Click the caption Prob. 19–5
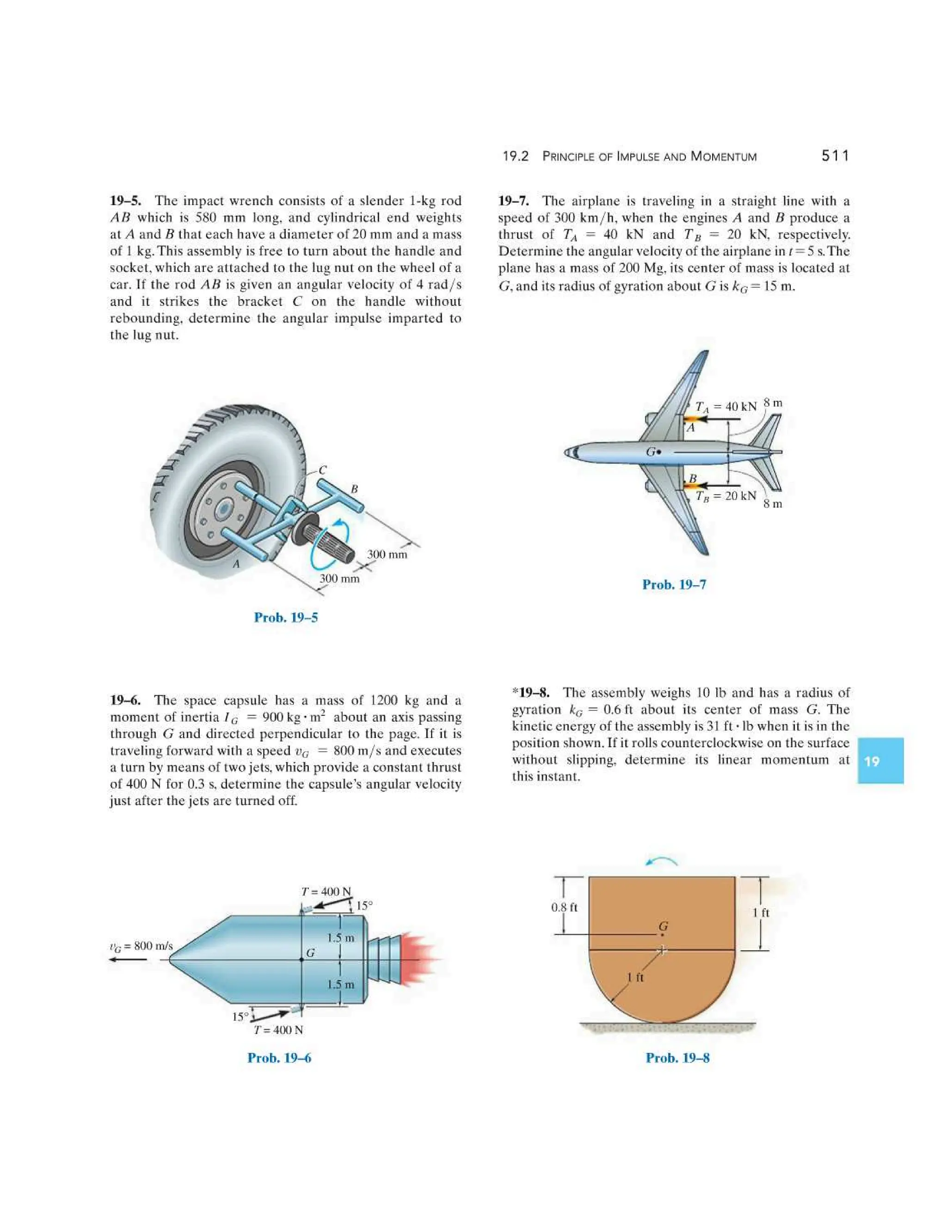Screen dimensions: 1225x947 (286, 618)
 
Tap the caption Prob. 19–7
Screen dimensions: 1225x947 (674, 584)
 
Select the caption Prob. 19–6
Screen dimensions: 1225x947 (279, 1058)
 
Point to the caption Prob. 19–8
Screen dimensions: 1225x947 (677, 1058)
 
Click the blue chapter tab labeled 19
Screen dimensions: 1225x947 (879, 761)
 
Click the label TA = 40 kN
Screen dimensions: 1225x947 (726, 406)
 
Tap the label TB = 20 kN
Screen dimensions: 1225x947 (726, 496)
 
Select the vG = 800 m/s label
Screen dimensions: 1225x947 (141, 946)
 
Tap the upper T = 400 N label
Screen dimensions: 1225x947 (326, 891)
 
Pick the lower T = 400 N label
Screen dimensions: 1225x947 (278, 1030)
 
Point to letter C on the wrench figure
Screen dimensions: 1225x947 (323, 471)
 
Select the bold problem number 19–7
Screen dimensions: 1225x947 (513, 201)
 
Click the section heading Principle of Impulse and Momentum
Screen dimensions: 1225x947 (649, 157)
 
